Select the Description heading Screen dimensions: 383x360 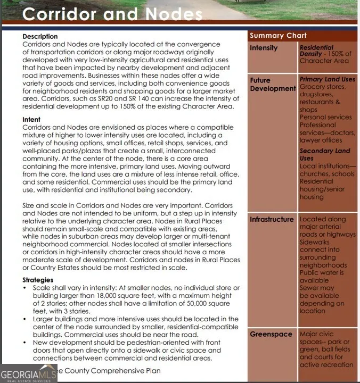tap(40, 36)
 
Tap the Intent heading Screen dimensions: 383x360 tap(31, 120)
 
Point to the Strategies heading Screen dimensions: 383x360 tap(38, 280)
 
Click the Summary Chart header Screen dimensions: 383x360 tap(278, 36)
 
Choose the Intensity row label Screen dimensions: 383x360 tap(264, 48)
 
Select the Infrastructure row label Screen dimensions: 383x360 tap(272, 219)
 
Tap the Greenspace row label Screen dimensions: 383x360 tap(271, 334)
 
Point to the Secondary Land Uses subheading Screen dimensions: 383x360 tap(324, 154)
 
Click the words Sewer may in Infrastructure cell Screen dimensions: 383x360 tap(317, 288)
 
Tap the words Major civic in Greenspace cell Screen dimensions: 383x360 tap(317, 334)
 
